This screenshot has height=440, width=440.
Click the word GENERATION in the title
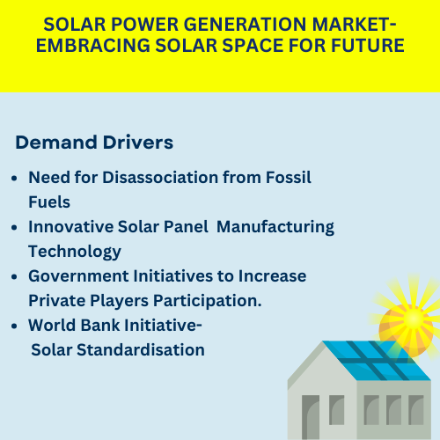(245, 24)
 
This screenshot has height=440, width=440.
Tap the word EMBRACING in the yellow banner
(93, 46)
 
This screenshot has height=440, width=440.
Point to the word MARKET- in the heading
(354, 24)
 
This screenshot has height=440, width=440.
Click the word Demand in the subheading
(56, 143)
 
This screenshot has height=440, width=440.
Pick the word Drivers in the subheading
(138, 143)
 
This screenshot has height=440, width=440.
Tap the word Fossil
(289, 177)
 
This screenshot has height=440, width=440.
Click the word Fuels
(49, 202)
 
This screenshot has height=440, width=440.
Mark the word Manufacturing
(275, 227)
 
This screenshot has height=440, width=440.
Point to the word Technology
(75, 252)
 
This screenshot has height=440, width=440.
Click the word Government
(78, 275)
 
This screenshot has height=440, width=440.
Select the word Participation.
(208, 301)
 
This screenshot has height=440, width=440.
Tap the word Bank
(100, 325)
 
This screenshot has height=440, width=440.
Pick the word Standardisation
(141, 349)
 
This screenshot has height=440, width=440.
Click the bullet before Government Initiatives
(14, 276)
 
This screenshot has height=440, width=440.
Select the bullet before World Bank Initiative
(14, 326)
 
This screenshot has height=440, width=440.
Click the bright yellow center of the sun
(414, 319)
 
